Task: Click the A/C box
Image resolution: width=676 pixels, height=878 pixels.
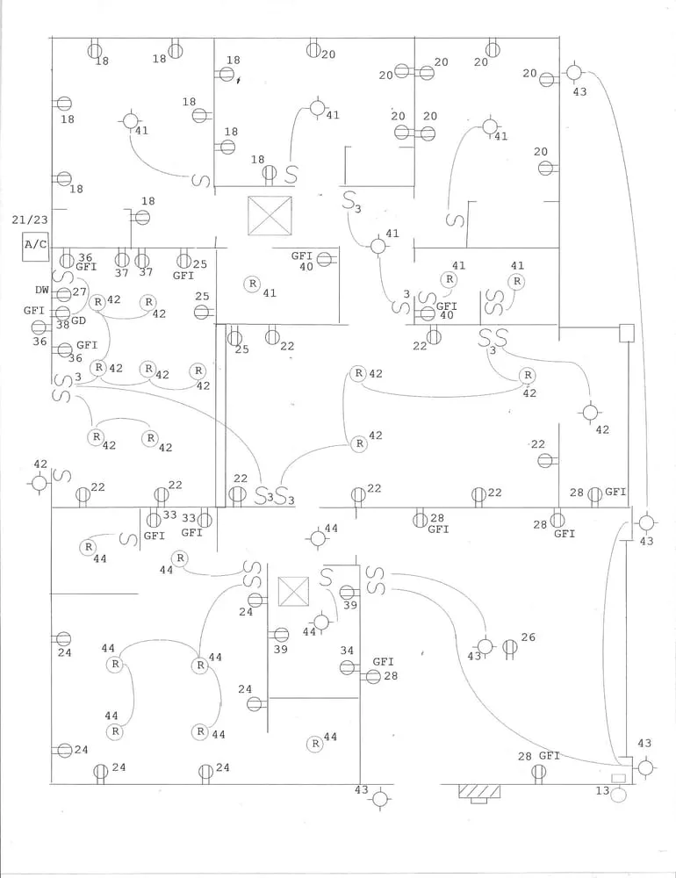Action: point(35,246)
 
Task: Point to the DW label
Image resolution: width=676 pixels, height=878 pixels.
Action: point(42,290)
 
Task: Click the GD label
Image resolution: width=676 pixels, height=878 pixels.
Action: point(78,322)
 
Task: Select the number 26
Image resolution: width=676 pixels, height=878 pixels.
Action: point(528,637)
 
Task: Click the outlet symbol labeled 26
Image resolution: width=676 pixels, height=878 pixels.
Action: point(508,648)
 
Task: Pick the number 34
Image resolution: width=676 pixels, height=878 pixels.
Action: point(347,651)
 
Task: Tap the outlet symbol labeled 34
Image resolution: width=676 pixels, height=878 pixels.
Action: point(347,667)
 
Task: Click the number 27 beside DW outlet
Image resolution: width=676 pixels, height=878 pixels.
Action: point(80,291)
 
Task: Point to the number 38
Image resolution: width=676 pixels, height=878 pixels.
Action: point(62,324)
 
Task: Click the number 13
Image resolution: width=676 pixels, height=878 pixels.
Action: point(601,791)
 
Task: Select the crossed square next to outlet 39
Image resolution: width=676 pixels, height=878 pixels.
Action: point(293,593)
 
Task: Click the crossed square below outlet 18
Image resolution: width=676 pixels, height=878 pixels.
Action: point(270,215)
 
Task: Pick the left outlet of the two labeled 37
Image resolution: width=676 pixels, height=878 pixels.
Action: point(122,260)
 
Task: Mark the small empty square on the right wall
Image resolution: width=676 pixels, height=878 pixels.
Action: point(626,333)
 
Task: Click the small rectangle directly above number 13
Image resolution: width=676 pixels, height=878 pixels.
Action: point(618,779)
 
